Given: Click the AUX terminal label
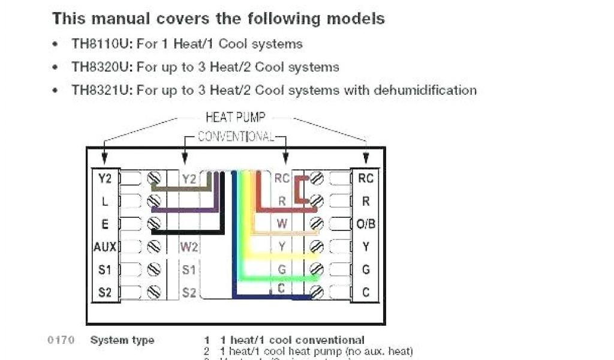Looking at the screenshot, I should click(x=104, y=247).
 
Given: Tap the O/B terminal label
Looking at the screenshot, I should click(x=366, y=224).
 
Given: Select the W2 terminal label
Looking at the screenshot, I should click(x=189, y=247).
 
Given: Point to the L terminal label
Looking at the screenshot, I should click(x=105, y=201).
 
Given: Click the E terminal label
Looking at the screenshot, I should click(x=105, y=224).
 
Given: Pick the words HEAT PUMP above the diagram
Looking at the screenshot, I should click(x=235, y=117).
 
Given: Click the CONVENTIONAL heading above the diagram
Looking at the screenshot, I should click(x=236, y=136).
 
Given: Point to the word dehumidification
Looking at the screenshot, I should click(x=425, y=90).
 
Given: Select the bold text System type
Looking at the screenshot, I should click(x=122, y=341).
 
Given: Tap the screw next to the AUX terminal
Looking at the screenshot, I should click(x=155, y=247).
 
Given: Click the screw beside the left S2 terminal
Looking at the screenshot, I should click(x=155, y=292).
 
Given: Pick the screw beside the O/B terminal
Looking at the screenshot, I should click(x=317, y=224).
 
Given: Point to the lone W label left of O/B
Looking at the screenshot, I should click(x=282, y=224).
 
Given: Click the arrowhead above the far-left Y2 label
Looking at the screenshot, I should click(x=105, y=158).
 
